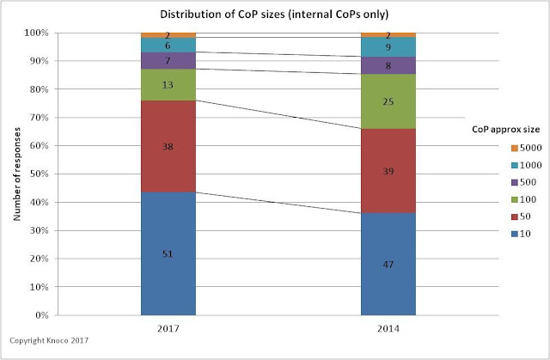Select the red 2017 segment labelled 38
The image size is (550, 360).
(x=168, y=146)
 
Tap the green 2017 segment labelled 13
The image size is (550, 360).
(x=168, y=84)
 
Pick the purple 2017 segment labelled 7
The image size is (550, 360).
(x=168, y=60)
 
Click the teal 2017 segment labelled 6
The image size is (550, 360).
(x=168, y=45)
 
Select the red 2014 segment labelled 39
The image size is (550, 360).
(x=388, y=170)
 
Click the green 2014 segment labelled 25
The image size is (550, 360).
(x=388, y=101)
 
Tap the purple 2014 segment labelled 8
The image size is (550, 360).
(x=388, y=65)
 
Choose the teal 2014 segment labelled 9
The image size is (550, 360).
(x=388, y=47)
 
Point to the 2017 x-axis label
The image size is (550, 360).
(x=168, y=327)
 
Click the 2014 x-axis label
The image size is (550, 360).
(x=388, y=327)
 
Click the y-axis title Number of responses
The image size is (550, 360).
(x=19, y=172)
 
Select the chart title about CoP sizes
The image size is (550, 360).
(x=275, y=15)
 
